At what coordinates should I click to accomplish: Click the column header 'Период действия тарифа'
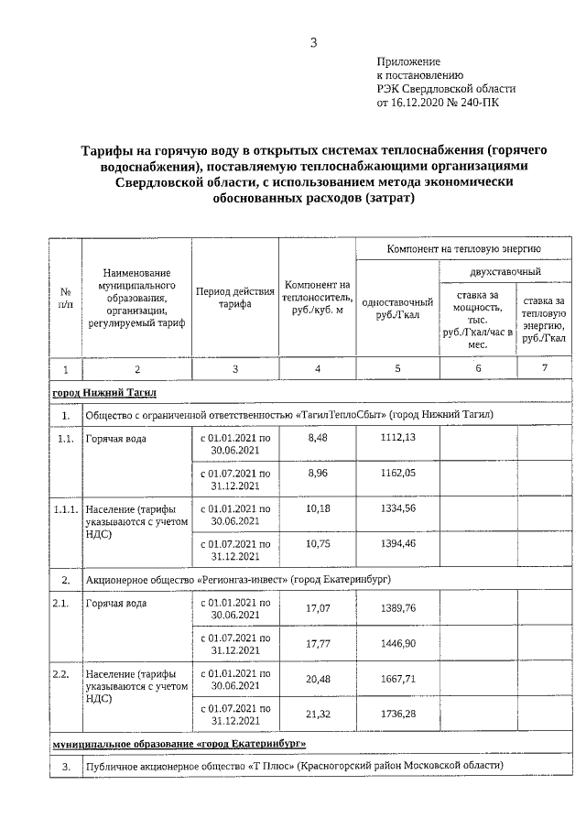[x=235, y=299]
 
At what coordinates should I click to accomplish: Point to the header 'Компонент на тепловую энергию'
[x=463, y=248]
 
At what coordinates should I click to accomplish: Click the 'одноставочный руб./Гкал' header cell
[x=397, y=309]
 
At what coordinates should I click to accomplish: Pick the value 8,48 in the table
[x=318, y=438]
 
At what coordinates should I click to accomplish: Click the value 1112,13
[x=397, y=438]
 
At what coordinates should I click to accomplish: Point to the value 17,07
[x=318, y=610]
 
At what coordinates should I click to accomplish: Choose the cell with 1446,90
[x=397, y=645]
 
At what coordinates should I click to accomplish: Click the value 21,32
[x=318, y=714]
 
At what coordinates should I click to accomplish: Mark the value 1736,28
[x=397, y=714]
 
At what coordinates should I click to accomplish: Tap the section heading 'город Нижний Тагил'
[x=105, y=393]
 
